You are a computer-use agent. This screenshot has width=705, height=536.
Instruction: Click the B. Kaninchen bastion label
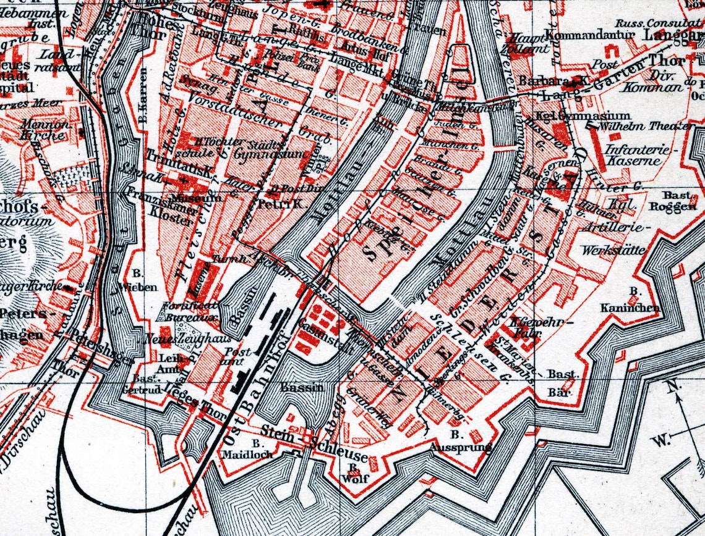click(x=630, y=302)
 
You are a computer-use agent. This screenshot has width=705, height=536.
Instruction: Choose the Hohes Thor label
click(x=148, y=26)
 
